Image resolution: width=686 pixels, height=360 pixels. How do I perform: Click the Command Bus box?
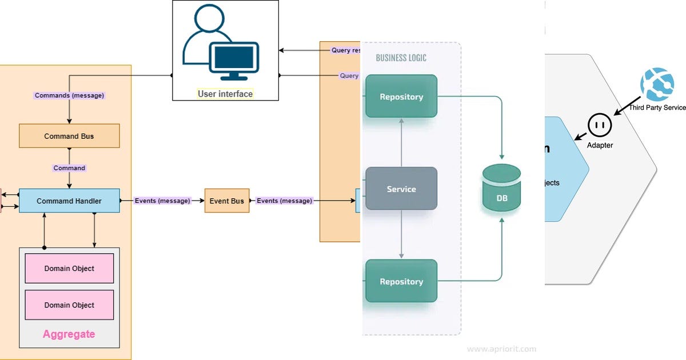69,136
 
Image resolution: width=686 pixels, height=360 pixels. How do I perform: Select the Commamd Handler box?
69,201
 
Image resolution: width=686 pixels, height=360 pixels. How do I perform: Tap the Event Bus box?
227,201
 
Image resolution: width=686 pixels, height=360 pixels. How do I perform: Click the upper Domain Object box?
69,268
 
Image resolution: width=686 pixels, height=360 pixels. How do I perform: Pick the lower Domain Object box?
69,305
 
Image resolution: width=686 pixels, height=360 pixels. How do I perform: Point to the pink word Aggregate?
69,334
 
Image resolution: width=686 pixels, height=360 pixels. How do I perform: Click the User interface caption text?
225,94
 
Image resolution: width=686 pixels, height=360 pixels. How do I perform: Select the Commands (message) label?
70,95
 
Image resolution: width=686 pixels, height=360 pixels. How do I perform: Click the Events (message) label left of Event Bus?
162,201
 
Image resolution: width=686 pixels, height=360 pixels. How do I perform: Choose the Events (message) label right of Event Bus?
285,201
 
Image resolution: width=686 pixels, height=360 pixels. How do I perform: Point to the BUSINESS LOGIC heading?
401,58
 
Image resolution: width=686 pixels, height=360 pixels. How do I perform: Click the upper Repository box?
401,97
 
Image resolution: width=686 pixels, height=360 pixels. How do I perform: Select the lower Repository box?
401,281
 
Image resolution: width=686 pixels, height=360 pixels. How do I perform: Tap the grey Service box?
401,189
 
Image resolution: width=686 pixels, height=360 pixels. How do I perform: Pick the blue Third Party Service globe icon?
657,84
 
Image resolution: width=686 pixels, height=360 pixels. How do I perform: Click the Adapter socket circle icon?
600,124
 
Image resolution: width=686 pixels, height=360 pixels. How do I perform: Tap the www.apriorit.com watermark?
501,349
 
